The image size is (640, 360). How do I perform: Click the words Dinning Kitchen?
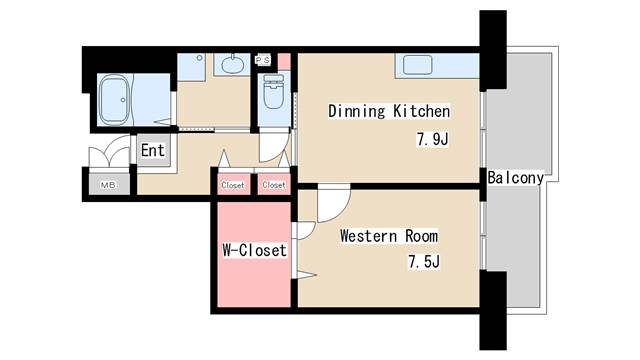click(x=389, y=112)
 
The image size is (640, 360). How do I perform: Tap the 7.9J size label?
click(x=431, y=140)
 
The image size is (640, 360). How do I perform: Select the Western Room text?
click(x=388, y=237)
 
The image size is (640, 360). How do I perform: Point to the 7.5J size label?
click(x=423, y=263)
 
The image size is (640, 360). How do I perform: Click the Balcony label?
click(x=516, y=178)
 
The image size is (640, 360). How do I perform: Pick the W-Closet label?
click(x=253, y=250)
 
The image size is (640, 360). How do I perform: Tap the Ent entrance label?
click(x=152, y=151)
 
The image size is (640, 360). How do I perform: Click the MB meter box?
click(x=107, y=184)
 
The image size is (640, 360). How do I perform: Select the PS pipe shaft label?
click(x=264, y=60)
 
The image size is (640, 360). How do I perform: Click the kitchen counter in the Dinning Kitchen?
click(x=436, y=65)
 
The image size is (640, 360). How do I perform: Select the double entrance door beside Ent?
click(x=109, y=158)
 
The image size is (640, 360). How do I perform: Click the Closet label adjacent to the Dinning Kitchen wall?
click(x=273, y=185)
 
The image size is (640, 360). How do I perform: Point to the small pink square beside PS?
click(x=283, y=60)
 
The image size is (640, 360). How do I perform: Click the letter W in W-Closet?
click(x=225, y=250)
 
